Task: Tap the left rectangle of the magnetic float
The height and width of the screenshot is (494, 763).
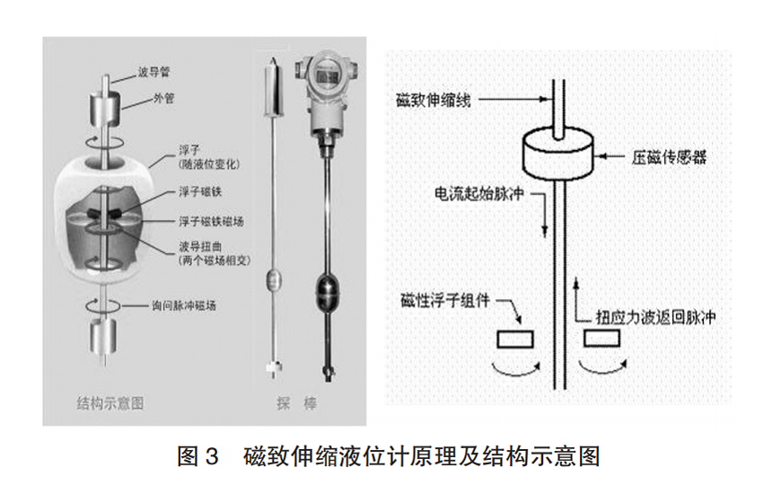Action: click(514, 340)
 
